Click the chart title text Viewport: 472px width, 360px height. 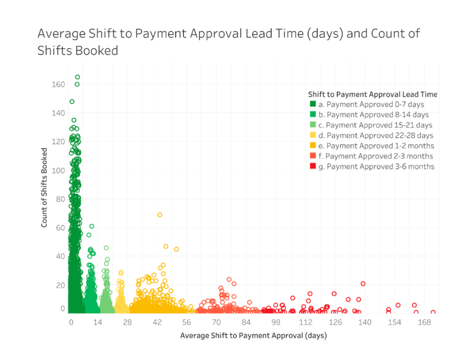tap(228, 42)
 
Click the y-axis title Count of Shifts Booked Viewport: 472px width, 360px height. tap(44, 188)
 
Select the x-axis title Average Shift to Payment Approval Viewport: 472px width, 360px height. tap(253, 336)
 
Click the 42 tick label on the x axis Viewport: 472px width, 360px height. tap(157, 322)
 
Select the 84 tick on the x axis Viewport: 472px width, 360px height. tap(246, 322)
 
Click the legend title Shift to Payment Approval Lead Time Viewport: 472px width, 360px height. tap(372, 94)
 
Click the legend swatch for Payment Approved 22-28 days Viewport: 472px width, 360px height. tap(312, 136)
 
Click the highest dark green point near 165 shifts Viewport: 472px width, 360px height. tap(77, 77)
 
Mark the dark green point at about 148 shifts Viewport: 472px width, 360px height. tap(72, 102)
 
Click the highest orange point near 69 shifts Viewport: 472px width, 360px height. tap(160, 215)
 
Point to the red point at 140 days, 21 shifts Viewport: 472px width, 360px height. tap(363, 283)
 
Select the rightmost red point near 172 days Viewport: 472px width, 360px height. tap(433, 312)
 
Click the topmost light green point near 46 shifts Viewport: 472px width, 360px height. tap(106, 248)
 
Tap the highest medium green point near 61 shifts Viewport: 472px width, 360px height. tap(92, 226)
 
